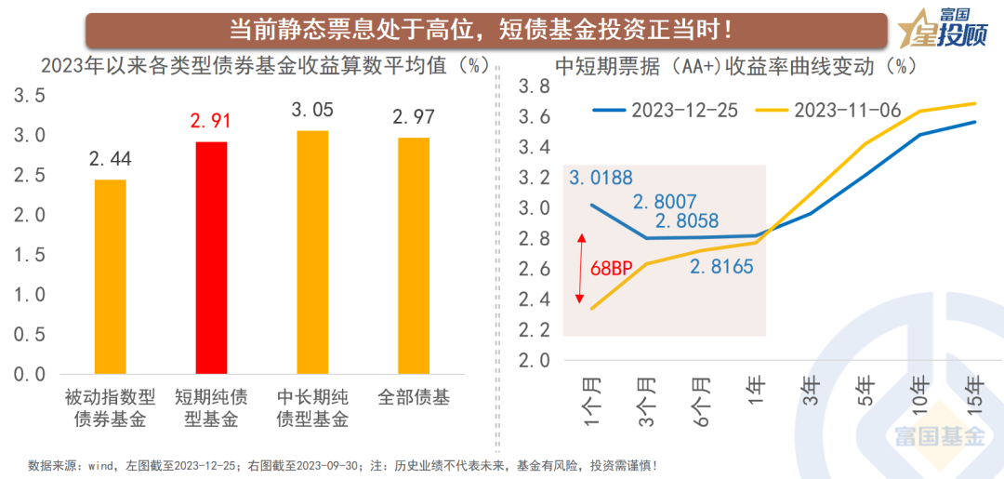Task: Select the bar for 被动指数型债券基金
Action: [110, 276]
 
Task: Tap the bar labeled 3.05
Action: [311, 252]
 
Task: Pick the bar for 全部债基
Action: [412, 256]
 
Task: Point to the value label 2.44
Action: [110, 159]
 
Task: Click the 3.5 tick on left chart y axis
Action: [28, 95]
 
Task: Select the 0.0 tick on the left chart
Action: [28, 374]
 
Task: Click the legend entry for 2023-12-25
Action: [665, 110]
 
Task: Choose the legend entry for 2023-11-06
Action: [827, 110]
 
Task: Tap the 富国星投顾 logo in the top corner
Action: [942, 27]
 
